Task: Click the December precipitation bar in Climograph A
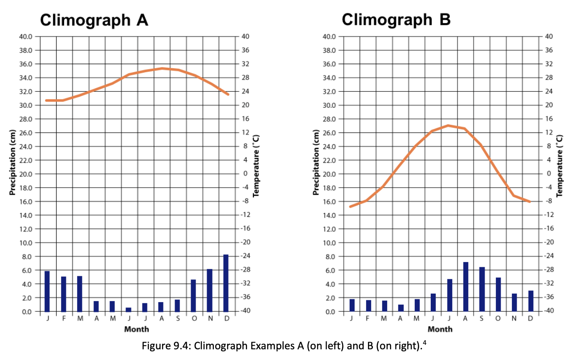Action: click(225, 283)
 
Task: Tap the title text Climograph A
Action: click(94, 20)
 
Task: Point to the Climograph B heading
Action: click(396, 20)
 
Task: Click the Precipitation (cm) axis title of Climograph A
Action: click(12, 162)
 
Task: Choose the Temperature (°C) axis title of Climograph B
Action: click(560, 166)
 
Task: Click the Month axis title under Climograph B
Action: click(440, 329)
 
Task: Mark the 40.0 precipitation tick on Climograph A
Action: click(25, 37)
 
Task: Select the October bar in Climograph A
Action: click(193, 296)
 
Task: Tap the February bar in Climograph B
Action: click(368, 306)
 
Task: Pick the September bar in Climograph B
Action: click(482, 289)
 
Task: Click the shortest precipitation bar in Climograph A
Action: click(128, 309)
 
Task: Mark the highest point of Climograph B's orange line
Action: click(448, 125)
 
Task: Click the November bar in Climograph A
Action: click(209, 290)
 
